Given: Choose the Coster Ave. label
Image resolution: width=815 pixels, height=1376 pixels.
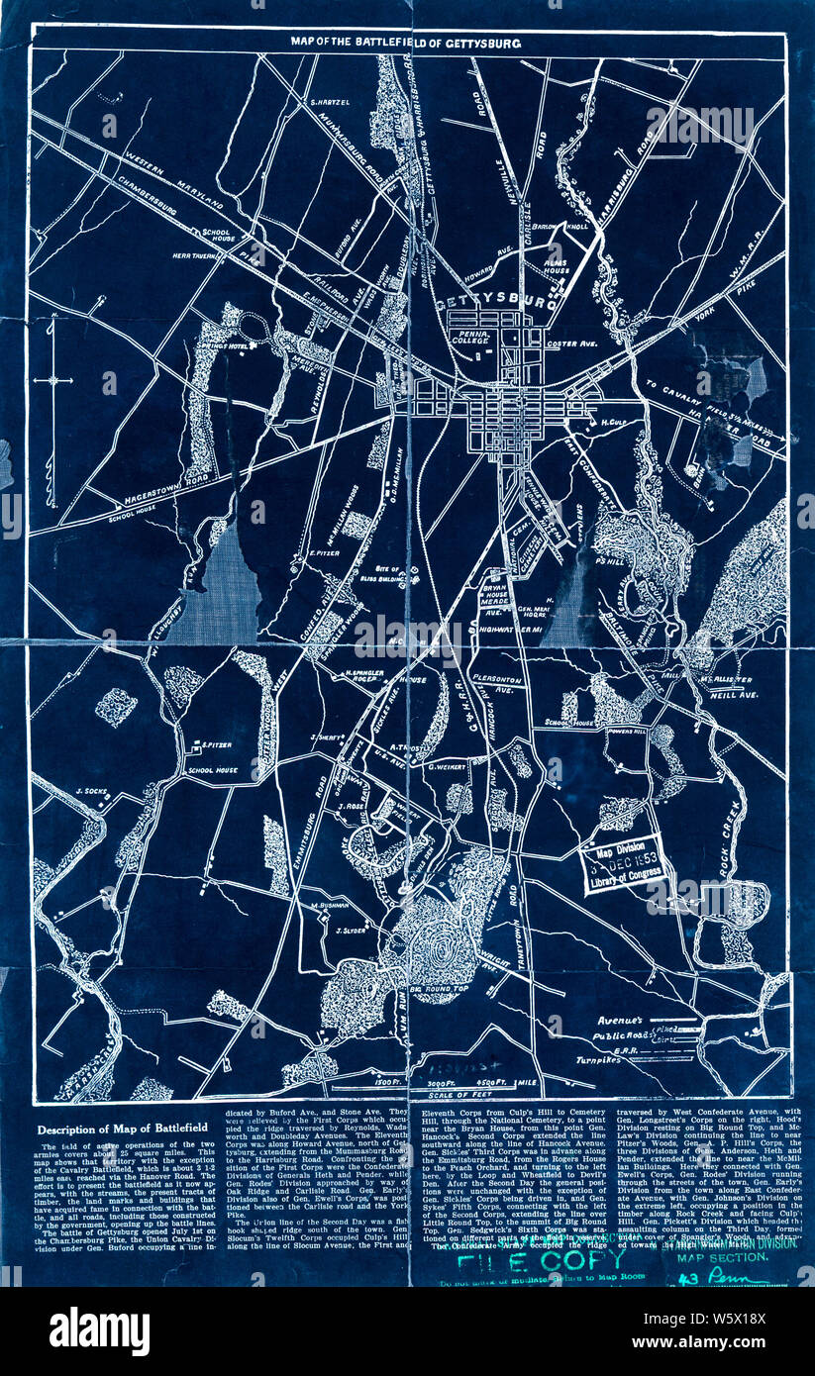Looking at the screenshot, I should pos(570,344).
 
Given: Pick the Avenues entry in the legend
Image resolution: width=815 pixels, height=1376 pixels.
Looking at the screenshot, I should pos(620,1019).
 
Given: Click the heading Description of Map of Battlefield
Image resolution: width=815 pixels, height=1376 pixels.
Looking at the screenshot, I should pos(115,1130).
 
